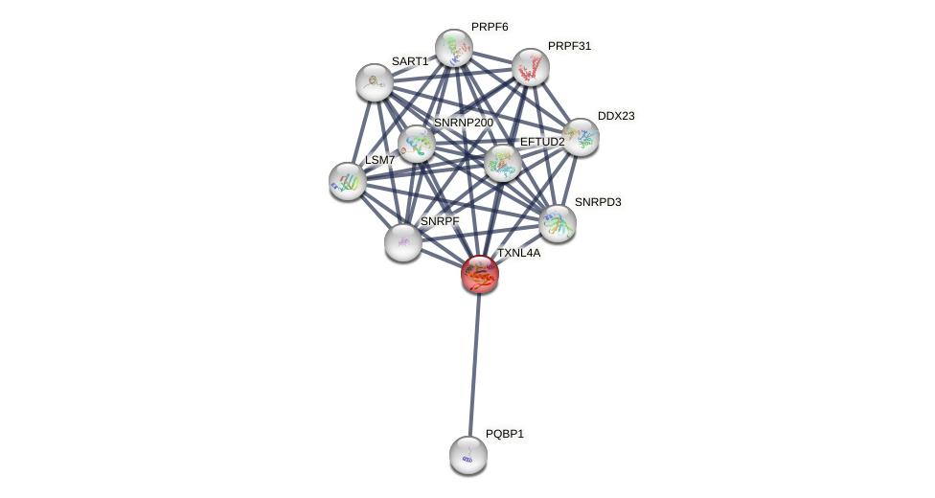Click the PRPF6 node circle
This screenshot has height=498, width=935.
pyautogui.click(x=453, y=48)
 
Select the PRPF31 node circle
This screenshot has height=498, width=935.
pyautogui.click(x=530, y=67)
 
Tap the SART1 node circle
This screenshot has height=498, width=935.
pyautogui.click(x=374, y=82)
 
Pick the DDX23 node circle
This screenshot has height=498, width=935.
pyautogui.click(x=580, y=137)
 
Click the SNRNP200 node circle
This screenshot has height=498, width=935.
pyautogui.click(x=417, y=144)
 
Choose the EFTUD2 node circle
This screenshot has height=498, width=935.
pyautogui.click(x=502, y=163)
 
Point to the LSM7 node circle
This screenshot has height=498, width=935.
pyautogui.click(x=348, y=181)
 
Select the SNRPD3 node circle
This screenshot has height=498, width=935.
pyautogui.click(x=557, y=223)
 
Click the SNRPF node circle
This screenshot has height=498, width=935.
pyautogui.click(x=403, y=242)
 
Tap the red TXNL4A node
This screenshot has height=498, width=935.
pyautogui.click(x=479, y=274)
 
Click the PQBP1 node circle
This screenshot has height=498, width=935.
pyautogui.click(x=467, y=455)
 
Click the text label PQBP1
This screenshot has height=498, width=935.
pyautogui.click(x=504, y=434)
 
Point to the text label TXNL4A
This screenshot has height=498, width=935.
pyautogui.click(x=518, y=253)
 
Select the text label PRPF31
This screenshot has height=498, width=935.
pyautogui.click(x=569, y=45)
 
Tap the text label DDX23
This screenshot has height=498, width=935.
pyautogui.click(x=616, y=116)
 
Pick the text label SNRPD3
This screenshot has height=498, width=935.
pyautogui.click(x=598, y=202)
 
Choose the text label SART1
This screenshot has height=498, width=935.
pyautogui.click(x=410, y=61)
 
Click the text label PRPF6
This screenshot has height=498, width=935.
pyautogui.click(x=489, y=27)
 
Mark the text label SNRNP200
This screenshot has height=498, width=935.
pyautogui.click(x=463, y=123)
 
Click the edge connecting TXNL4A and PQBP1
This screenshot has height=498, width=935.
pyautogui.click(x=474, y=364)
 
